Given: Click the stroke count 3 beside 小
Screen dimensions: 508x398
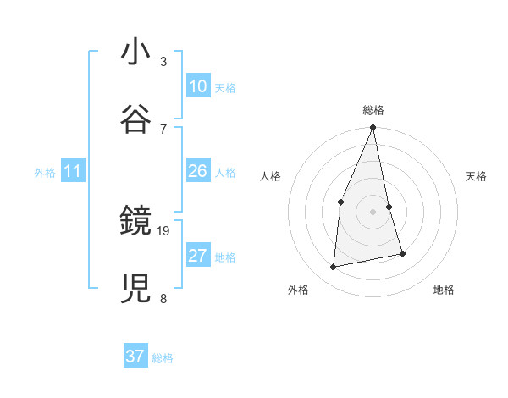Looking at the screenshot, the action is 163,62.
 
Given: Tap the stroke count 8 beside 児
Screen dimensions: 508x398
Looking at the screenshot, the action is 163,297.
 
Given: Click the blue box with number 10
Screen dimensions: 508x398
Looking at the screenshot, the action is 198,86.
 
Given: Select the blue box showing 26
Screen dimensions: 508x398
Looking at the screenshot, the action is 198,172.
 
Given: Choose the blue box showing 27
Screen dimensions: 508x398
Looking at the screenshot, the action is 198,256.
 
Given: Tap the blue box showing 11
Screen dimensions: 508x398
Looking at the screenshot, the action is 73,172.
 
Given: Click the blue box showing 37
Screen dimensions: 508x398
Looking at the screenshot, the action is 135,357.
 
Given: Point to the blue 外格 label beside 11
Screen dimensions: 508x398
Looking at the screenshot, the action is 45,173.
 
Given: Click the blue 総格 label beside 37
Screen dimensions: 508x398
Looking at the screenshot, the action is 163,358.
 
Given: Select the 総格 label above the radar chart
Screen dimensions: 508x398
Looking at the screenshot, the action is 373,110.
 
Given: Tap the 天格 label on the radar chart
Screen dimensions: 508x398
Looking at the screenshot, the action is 476,176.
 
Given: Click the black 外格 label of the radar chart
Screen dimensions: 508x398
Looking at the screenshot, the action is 298,290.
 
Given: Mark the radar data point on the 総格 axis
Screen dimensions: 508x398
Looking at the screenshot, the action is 373,128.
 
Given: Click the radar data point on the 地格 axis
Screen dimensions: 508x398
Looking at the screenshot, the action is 402,253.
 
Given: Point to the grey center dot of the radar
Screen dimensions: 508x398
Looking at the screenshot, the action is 373,212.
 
